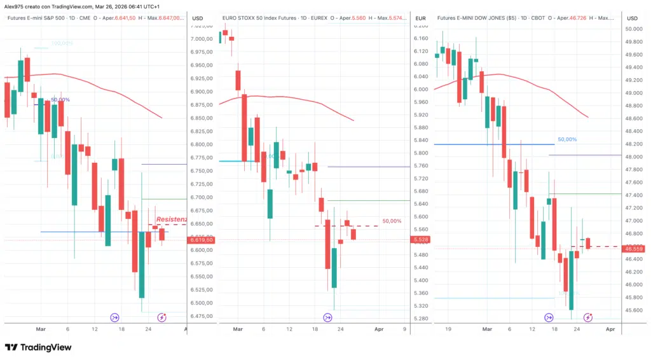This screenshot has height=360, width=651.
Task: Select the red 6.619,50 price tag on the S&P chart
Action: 201,240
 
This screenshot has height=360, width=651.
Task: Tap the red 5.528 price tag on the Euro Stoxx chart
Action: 420,239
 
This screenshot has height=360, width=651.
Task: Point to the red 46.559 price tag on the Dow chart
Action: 634,249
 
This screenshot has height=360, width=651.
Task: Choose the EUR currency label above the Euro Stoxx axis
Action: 420,18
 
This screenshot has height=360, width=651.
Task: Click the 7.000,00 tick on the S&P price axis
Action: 203,39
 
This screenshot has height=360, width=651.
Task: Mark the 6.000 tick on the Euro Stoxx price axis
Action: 421,89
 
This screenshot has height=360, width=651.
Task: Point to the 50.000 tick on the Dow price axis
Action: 634,29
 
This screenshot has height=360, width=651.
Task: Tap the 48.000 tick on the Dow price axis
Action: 634,157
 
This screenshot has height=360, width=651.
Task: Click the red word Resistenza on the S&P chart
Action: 172,219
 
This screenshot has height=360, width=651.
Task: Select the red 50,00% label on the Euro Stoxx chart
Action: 392,221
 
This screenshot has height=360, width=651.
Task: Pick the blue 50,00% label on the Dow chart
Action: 567,139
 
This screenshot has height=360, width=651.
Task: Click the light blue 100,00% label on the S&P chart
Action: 62,43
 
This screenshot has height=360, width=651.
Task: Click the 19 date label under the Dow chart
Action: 449,329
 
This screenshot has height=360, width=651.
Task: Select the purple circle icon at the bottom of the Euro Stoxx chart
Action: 328,317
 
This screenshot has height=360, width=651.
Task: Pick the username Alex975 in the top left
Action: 15,6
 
